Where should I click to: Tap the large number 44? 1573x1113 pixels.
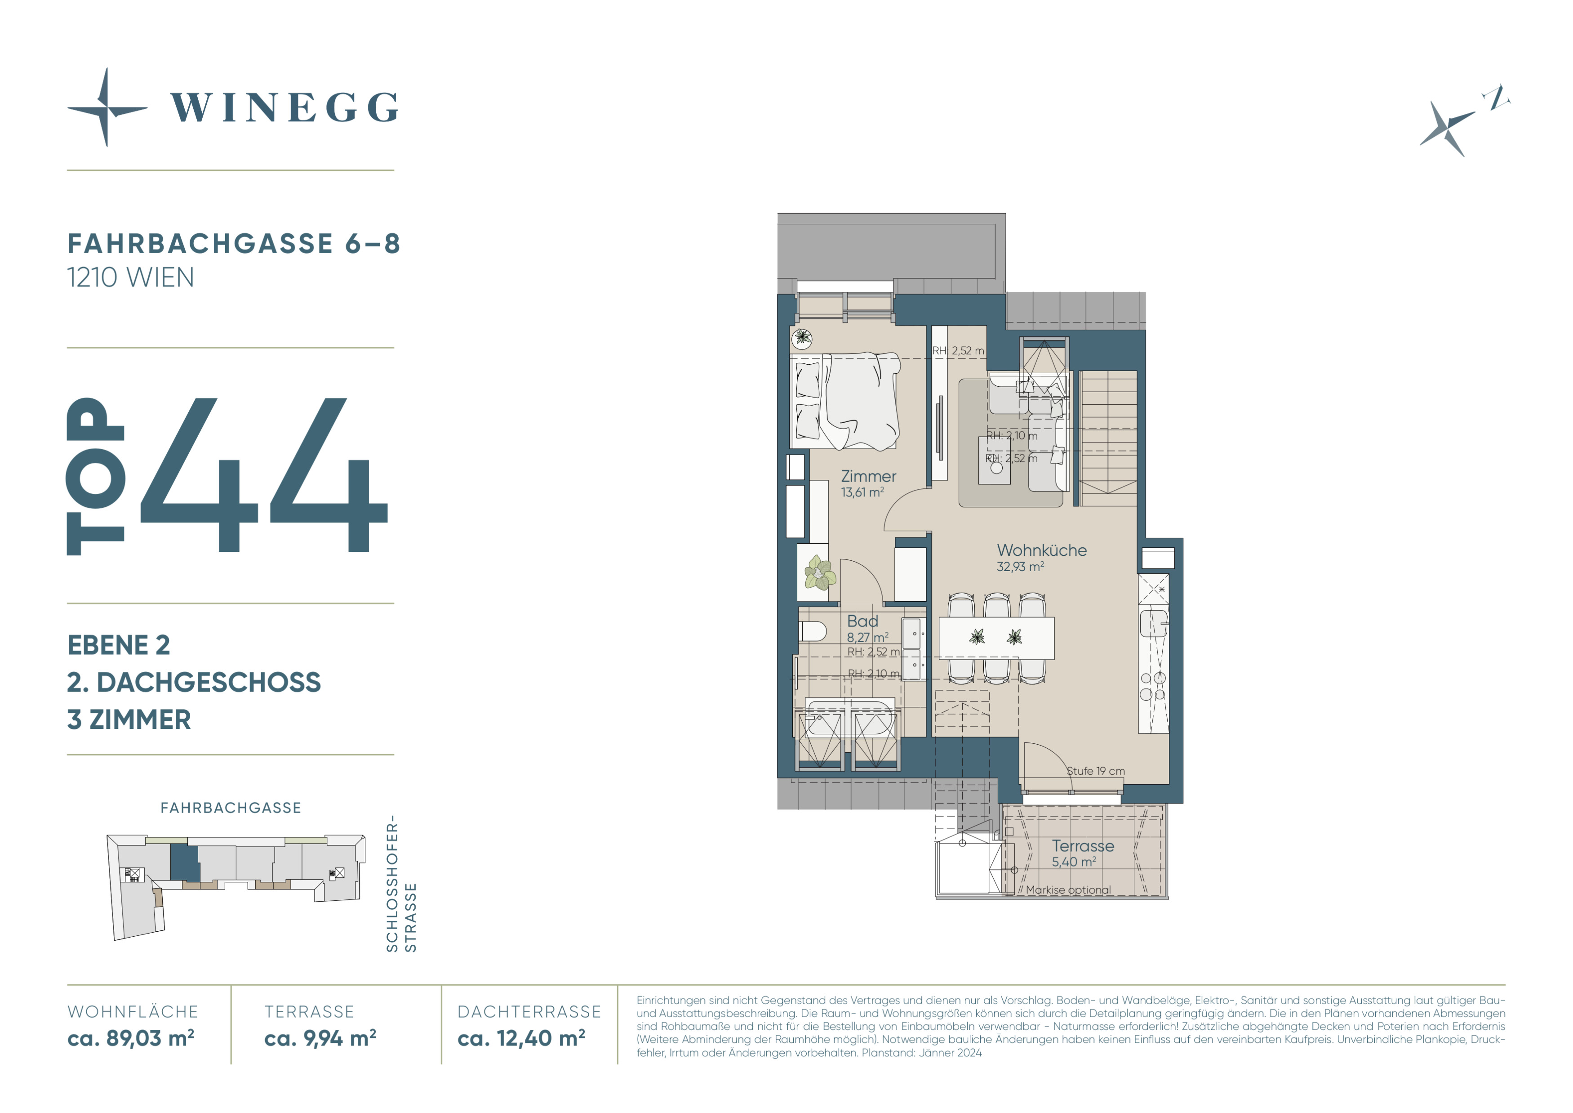[x=264, y=475]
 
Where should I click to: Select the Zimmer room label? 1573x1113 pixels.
[x=868, y=476]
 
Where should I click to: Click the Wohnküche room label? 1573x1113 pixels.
[x=1041, y=550]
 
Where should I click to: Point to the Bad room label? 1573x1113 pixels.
[x=862, y=621]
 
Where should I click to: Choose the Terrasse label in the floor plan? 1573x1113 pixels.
[x=1083, y=846]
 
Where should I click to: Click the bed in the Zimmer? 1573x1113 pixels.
[x=846, y=401]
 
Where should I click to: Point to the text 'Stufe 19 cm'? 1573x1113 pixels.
[x=1096, y=771]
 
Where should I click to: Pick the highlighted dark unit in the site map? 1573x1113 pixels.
[x=184, y=863]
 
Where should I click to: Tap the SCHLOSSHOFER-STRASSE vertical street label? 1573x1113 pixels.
[x=401, y=883]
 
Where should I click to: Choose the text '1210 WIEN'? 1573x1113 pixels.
[x=131, y=277]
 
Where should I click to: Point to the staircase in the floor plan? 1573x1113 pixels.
[x=1108, y=438]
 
